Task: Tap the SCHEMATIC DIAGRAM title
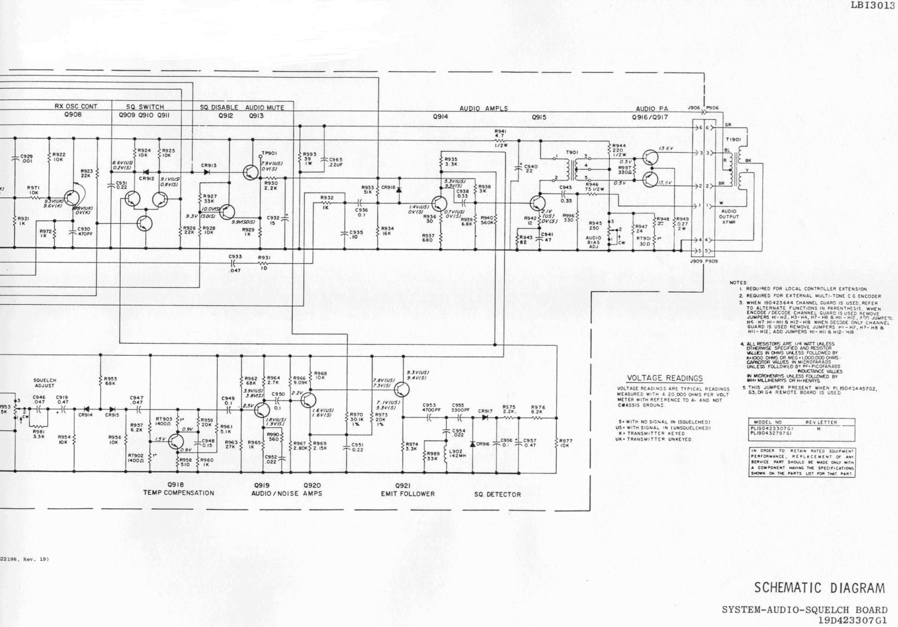[819, 588]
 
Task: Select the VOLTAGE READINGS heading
[664, 378]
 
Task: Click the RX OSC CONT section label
[76, 107]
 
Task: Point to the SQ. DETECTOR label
[498, 495]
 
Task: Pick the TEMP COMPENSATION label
[178, 493]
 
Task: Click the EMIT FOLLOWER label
[407, 494]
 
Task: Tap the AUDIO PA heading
[652, 109]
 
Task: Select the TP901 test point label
[269, 153]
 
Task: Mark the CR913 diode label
[209, 165]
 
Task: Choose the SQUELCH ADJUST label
[45, 383]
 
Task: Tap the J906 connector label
[693, 108]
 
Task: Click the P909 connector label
[712, 262]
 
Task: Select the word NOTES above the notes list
[739, 282]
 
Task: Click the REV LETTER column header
[818, 422]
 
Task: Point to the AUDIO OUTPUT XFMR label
[729, 216]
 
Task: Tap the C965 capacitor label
[336, 161]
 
